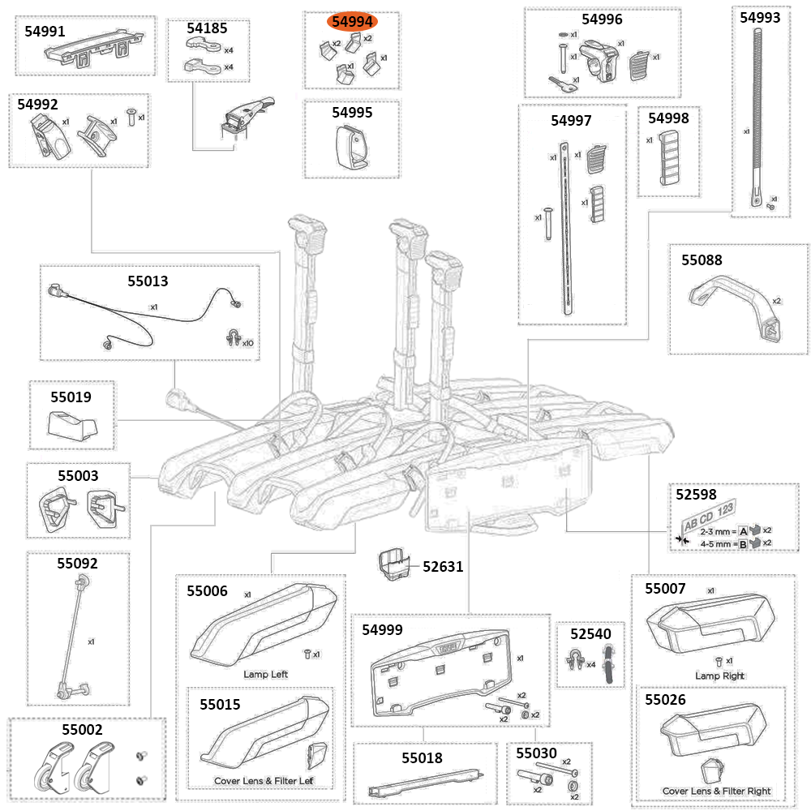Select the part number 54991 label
pos(47,31)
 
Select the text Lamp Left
pos(265,674)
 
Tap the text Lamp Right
pos(719,676)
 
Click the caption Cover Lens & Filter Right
pos(716,791)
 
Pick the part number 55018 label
pos(422,758)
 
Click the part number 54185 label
pos(208,28)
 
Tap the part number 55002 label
pos(82,729)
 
